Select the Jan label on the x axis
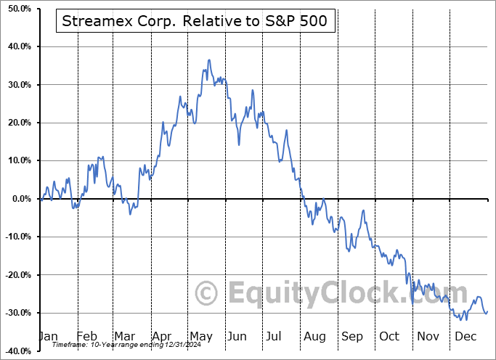point(48,337)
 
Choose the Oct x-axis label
point(389,337)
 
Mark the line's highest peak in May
point(209,60)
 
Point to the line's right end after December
point(487,311)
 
